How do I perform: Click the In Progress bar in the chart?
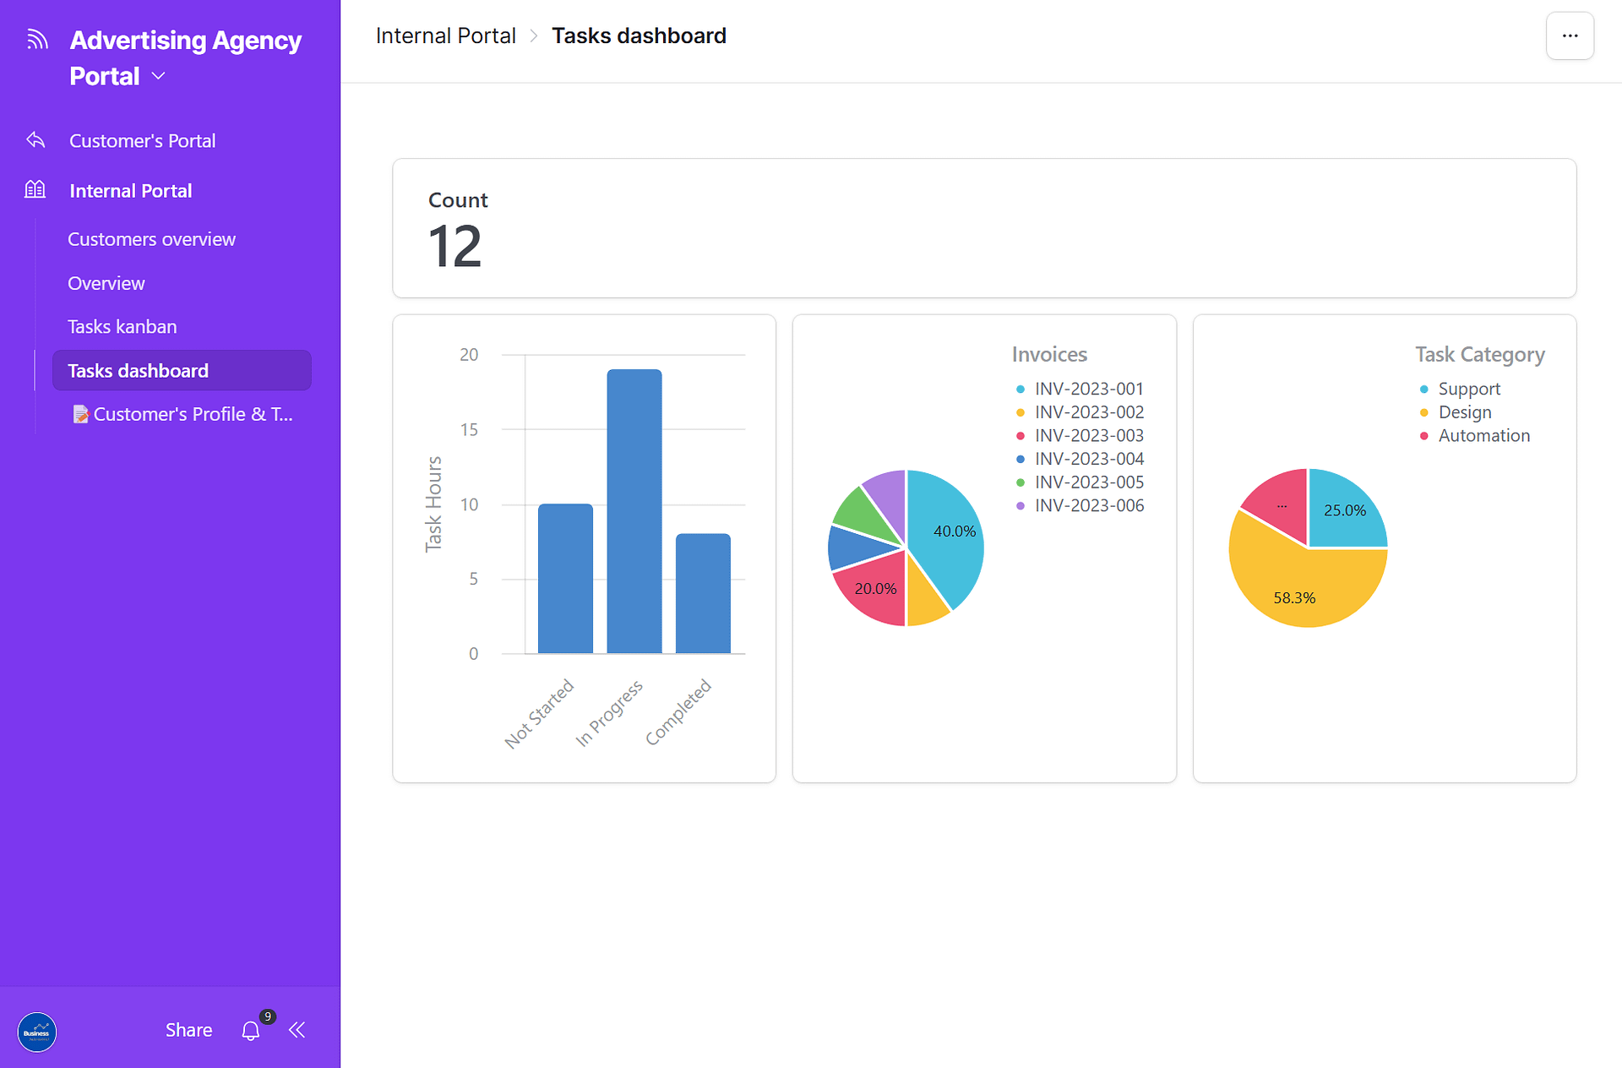pyautogui.click(x=634, y=511)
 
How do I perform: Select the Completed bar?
pyautogui.click(x=703, y=593)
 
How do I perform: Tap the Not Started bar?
pyautogui.click(x=565, y=579)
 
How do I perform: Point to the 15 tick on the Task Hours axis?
pyautogui.click(x=469, y=430)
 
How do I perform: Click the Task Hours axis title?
pyautogui.click(x=433, y=504)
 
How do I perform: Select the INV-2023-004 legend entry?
pyautogui.click(x=1089, y=459)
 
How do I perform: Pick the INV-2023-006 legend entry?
pyautogui.click(x=1089, y=505)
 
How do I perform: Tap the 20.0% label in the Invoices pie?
pyautogui.click(x=875, y=589)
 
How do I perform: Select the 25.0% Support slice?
pyautogui.click(x=1344, y=510)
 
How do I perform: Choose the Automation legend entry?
pyautogui.click(x=1483, y=436)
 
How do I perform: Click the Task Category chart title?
pyautogui.click(x=1480, y=355)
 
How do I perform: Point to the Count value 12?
pyautogui.click(x=454, y=247)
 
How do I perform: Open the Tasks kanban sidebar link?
pyautogui.click(x=122, y=327)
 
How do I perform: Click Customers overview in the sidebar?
pyautogui.click(x=151, y=239)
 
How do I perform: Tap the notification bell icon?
pyautogui.click(x=251, y=1030)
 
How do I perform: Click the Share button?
pyautogui.click(x=188, y=1030)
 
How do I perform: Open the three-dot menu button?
pyautogui.click(x=1570, y=36)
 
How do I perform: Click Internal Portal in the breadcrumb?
pyautogui.click(x=445, y=36)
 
